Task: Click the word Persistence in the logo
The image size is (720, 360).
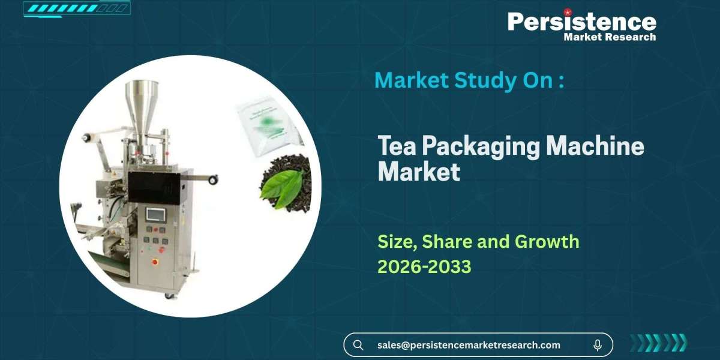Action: [x=581, y=22]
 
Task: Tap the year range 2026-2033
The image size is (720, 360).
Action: [x=424, y=266]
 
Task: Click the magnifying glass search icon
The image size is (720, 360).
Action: [x=358, y=345]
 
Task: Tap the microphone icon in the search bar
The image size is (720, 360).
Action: [x=598, y=345]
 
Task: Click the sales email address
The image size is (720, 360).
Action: [x=469, y=345]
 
